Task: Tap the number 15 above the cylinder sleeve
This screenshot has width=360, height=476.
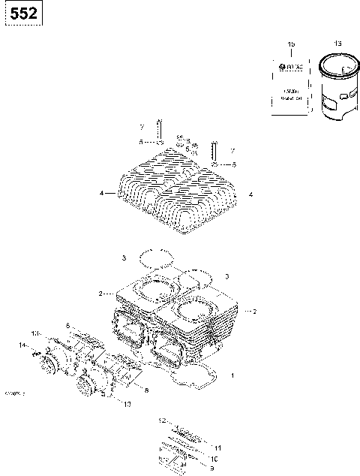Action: [x=337, y=45]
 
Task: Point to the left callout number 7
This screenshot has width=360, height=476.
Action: [x=140, y=128]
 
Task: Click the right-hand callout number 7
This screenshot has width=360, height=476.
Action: [x=232, y=151]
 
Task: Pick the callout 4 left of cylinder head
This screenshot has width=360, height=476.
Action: [x=100, y=194]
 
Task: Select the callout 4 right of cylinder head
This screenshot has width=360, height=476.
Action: [x=250, y=194]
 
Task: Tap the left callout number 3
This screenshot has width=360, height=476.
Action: [x=124, y=258]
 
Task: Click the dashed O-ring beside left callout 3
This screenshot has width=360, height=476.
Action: [x=156, y=258]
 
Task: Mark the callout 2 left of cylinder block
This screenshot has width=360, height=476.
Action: [x=100, y=293]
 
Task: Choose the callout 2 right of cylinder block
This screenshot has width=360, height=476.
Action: [x=255, y=311]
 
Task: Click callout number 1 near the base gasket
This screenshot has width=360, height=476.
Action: [x=232, y=375]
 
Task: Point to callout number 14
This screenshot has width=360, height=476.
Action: [x=22, y=345]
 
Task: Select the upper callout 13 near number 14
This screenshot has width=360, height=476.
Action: [x=33, y=333]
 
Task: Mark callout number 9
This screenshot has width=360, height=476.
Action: [x=211, y=467]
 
